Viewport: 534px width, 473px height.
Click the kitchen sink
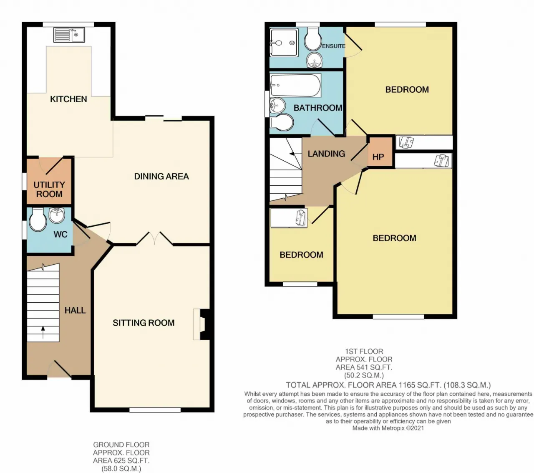(69, 35)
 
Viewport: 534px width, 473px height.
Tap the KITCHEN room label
(68, 99)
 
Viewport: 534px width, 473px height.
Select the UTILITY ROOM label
(49, 190)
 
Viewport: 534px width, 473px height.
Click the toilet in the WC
(38, 220)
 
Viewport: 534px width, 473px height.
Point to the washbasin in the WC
(57, 215)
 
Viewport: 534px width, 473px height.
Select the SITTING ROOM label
(144, 323)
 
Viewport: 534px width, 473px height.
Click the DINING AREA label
(161, 176)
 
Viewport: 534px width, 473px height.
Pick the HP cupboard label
(378, 157)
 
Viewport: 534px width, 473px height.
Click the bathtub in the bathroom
(295, 85)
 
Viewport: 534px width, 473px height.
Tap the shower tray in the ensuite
(284, 43)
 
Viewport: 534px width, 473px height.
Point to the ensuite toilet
(313, 39)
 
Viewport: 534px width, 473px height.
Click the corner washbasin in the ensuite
(315, 60)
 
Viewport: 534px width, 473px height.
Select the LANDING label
(326, 154)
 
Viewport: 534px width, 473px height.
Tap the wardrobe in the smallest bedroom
(289, 218)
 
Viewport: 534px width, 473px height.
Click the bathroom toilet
(281, 122)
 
